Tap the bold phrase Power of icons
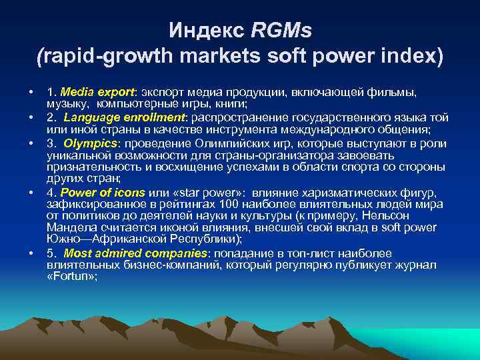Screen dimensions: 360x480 [x=97, y=194]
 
